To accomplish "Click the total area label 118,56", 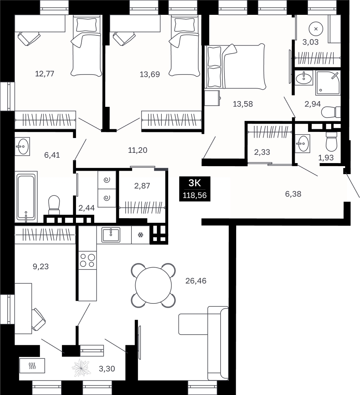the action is pyautogui.click(x=195, y=195).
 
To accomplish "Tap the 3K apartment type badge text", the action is pyautogui.click(x=195, y=183).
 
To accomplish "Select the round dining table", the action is pyautogui.click(x=153, y=286).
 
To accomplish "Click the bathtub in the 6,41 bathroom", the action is pyautogui.click(x=26, y=197).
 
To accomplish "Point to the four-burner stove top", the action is pyautogui.click(x=87, y=260).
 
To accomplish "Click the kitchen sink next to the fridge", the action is pyautogui.click(x=111, y=235).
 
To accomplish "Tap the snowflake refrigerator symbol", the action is pyautogui.click(x=141, y=235).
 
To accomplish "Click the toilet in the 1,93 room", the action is pyautogui.click(x=331, y=141).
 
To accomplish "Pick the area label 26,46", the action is pyautogui.click(x=196, y=281).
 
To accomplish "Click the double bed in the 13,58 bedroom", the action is pyautogui.click(x=235, y=67).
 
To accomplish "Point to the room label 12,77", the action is pyautogui.click(x=44, y=74).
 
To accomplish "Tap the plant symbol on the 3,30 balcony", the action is pyautogui.click(x=81, y=368).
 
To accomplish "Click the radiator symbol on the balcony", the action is pyautogui.click(x=32, y=366).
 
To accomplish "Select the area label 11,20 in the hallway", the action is pyautogui.click(x=137, y=150).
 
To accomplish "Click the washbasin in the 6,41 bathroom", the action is pyautogui.click(x=22, y=146).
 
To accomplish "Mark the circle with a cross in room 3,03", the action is pyautogui.click(x=316, y=29).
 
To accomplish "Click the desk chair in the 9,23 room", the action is pyautogui.click(x=38, y=320).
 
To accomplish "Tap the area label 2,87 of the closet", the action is pyautogui.click(x=142, y=186).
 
